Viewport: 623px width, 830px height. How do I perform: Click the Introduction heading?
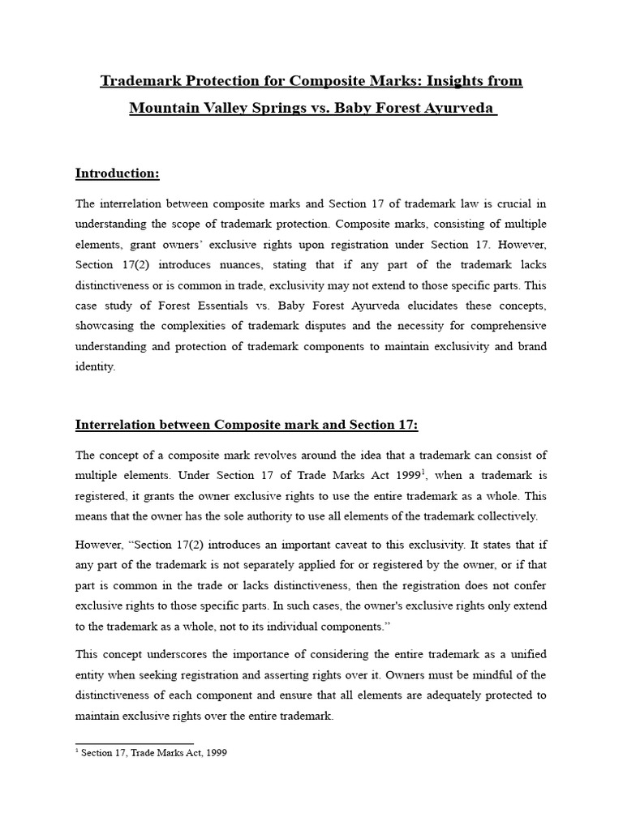pyautogui.click(x=117, y=173)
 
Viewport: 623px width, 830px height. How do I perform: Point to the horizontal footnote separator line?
pyautogui.click(x=134, y=742)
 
